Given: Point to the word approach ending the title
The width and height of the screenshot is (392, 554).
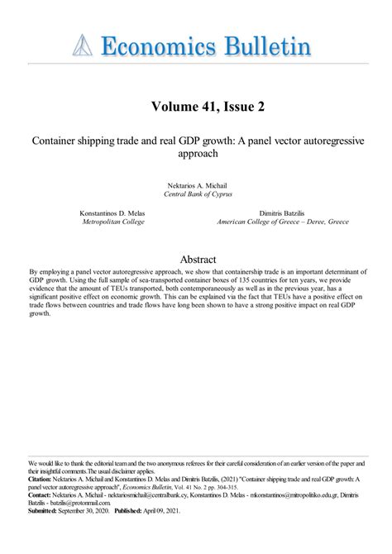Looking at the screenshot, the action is point(196,154).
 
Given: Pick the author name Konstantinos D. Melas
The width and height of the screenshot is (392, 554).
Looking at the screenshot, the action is point(112,213).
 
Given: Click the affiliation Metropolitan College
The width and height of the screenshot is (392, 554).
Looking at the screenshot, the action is point(112,222).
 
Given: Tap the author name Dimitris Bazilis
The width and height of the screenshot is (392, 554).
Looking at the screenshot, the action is point(283,213).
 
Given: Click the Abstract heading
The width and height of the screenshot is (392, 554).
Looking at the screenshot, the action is point(196,257).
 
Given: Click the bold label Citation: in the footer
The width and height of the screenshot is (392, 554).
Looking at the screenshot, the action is point(41,478).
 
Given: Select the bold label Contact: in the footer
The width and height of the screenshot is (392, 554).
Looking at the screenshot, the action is point(40,494).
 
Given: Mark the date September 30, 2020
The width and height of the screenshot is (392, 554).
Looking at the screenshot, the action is point(87,510).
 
